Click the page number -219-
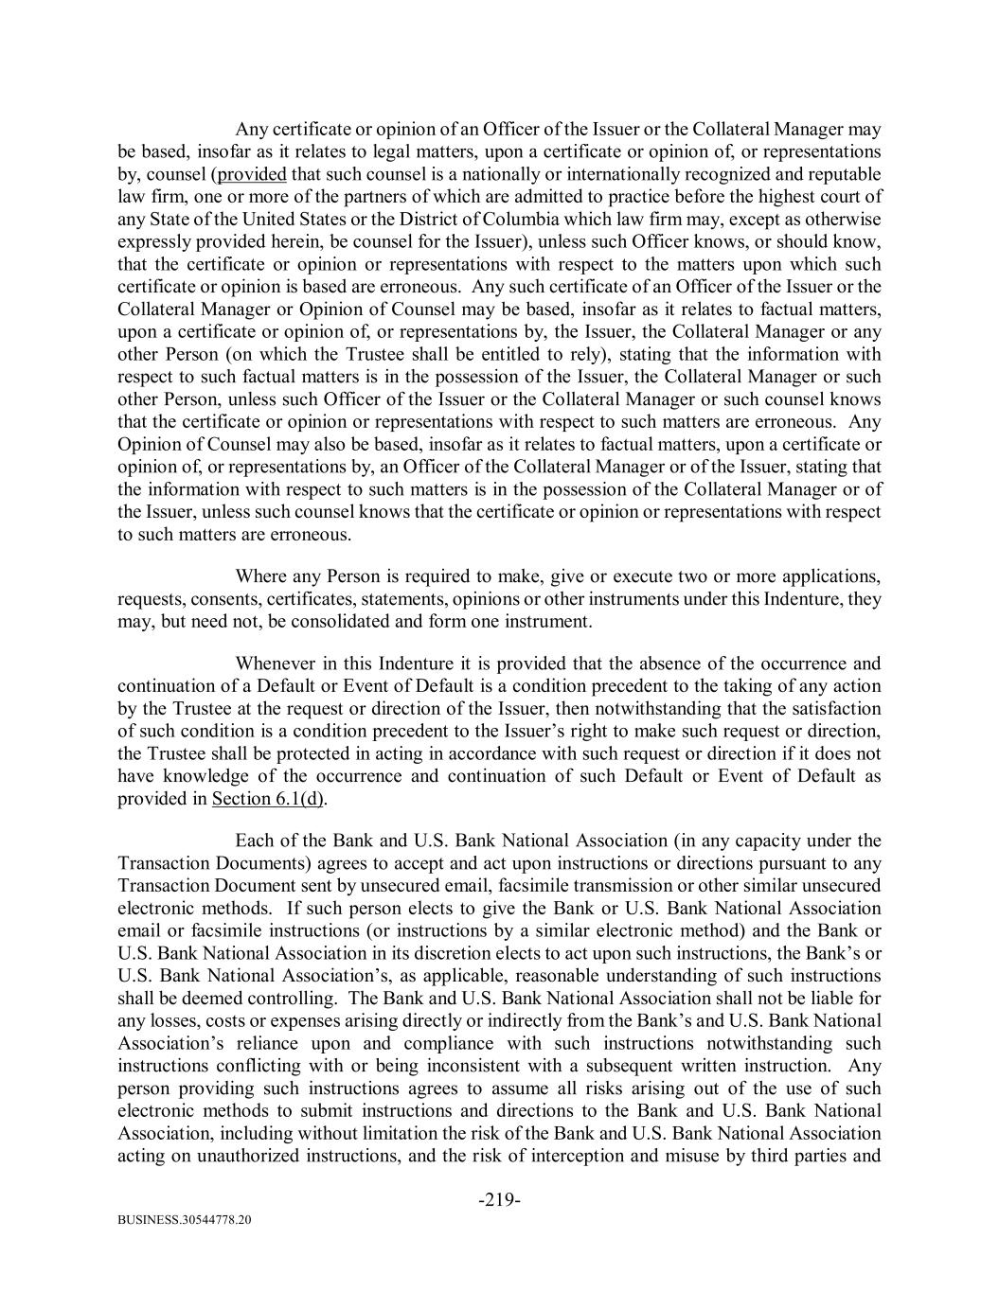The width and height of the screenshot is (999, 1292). pos(499,1200)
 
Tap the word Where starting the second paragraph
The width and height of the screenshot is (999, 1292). pos(260,576)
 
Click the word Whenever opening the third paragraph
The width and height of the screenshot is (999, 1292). pos(272,664)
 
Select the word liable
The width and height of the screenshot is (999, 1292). pos(830,998)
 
